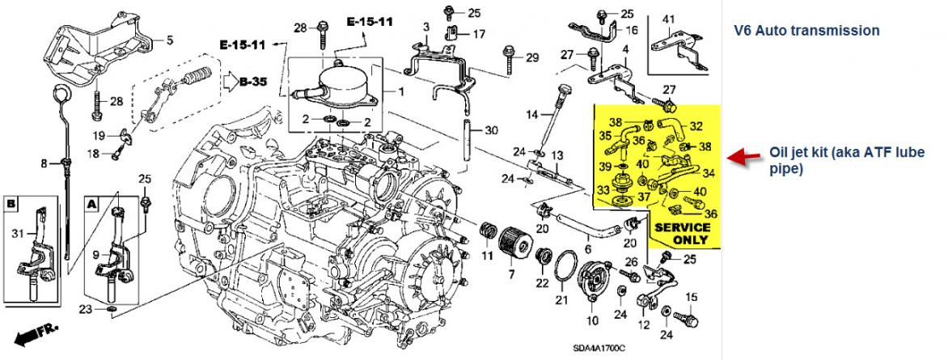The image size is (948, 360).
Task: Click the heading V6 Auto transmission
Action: point(806,31)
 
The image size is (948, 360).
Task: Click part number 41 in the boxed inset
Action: point(668,19)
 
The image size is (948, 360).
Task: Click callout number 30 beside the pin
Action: point(492,130)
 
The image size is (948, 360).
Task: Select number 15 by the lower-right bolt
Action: point(690,299)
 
